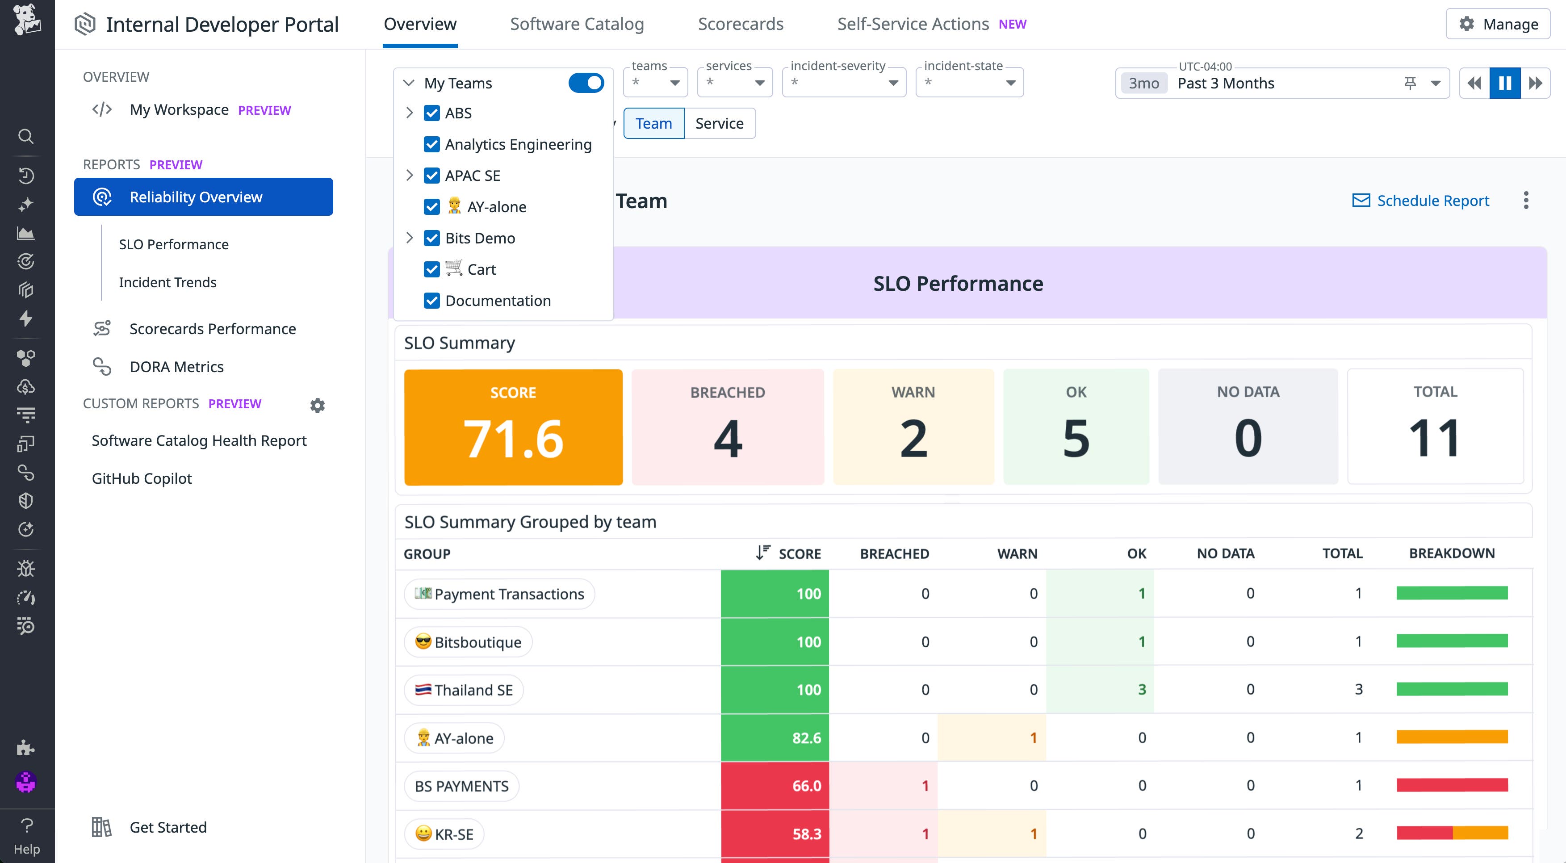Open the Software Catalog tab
576,24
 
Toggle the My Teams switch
586,83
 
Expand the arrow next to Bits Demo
409,238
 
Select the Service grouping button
719,123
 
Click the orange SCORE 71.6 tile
513,427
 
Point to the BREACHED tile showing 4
728,427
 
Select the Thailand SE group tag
464,690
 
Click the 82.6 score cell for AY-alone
775,738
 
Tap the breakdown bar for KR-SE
1452,833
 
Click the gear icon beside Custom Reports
317,405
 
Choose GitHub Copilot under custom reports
142,478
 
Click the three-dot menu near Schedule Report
1526,201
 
